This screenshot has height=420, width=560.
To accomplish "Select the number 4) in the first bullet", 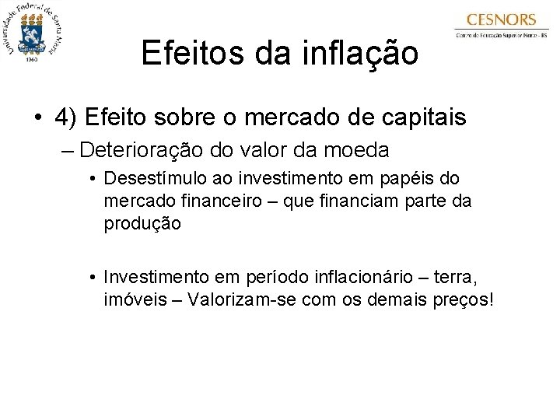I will tap(67, 117).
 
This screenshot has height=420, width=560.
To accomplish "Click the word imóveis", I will tap(132, 299).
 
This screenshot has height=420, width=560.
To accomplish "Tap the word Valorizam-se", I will tap(236, 299).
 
